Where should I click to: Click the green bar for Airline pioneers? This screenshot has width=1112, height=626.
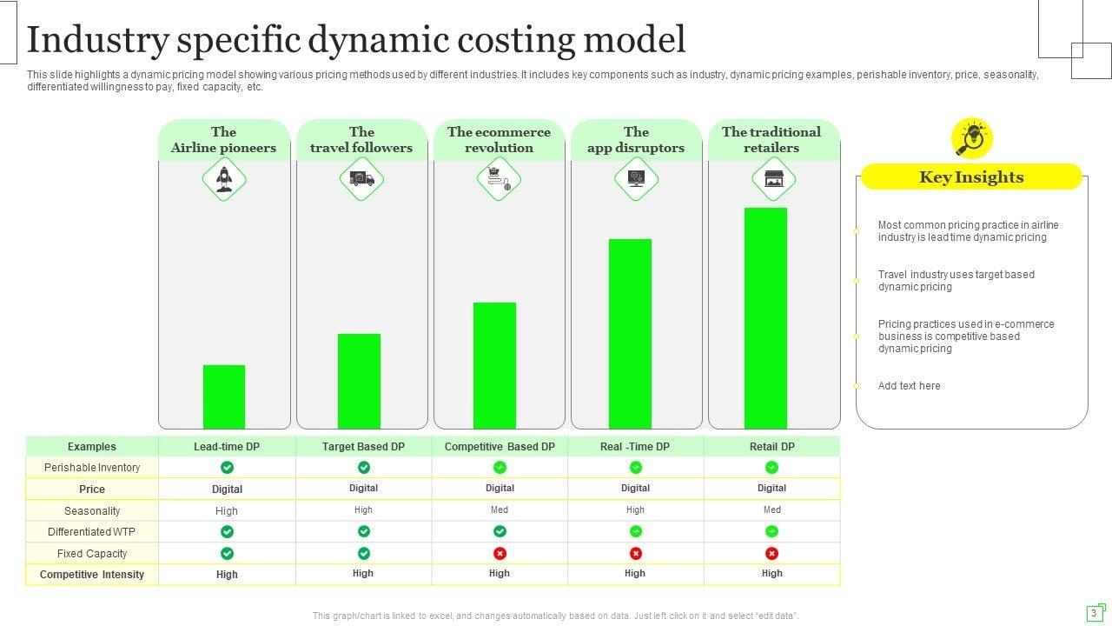(x=224, y=396)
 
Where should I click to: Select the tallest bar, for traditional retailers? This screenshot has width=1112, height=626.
(x=765, y=317)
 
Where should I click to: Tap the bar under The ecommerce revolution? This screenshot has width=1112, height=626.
(x=494, y=365)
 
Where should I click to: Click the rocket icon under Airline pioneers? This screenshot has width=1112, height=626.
(x=224, y=179)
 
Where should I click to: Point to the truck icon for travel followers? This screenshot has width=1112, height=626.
(x=361, y=179)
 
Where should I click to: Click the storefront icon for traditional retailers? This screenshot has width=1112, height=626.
(x=773, y=179)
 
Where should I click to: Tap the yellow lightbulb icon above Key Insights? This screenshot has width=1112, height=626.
(x=972, y=137)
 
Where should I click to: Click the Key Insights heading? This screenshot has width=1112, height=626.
(x=971, y=177)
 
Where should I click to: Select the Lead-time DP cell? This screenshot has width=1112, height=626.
(x=227, y=447)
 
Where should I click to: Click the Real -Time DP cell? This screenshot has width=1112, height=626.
(x=635, y=447)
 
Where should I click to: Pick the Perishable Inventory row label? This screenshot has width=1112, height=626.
(x=92, y=468)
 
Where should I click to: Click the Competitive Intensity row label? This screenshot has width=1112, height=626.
(x=92, y=575)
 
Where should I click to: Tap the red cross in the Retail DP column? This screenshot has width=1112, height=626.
(x=771, y=553)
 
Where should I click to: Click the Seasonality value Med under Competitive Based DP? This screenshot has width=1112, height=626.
(x=500, y=510)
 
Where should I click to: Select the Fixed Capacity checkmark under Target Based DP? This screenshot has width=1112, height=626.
(x=364, y=553)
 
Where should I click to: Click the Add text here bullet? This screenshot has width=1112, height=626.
(x=909, y=386)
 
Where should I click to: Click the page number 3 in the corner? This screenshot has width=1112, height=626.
(x=1094, y=613)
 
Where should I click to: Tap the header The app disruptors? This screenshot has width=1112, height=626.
(x=636, y=140)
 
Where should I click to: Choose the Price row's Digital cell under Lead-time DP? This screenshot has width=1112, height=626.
(x=228, y=489)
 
